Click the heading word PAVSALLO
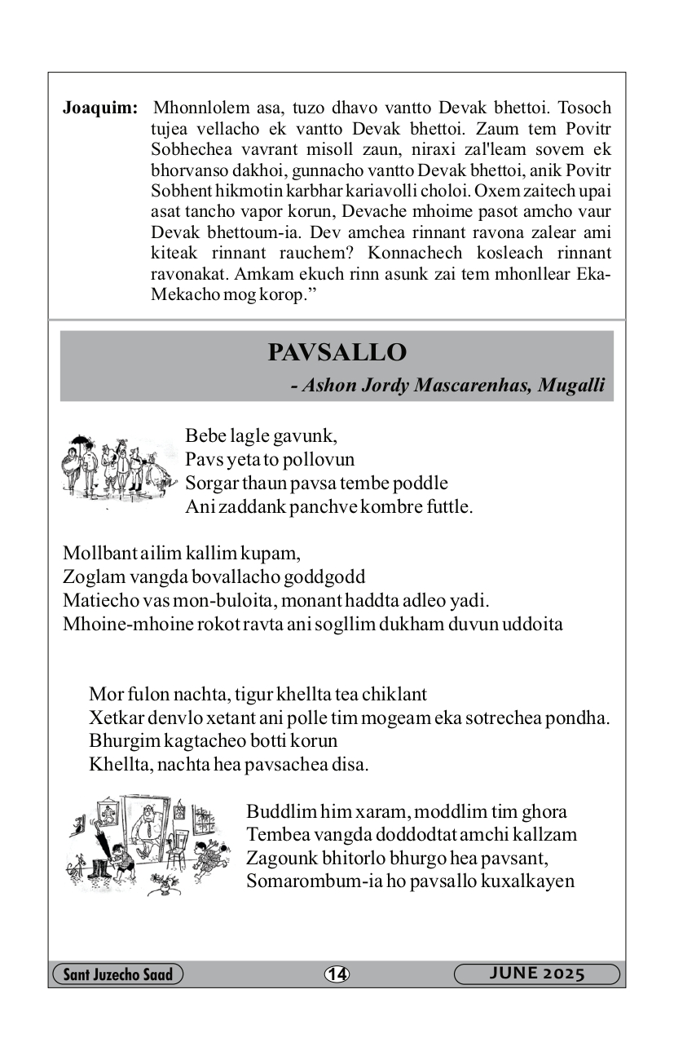337,353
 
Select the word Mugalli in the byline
574,385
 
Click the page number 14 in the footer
337,974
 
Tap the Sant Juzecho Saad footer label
117,974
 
